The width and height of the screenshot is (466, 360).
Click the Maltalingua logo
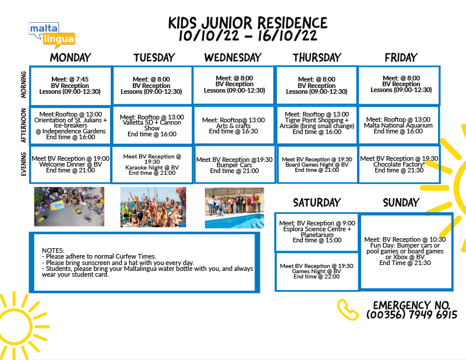point(52,35)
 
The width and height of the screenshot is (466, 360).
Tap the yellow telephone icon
point(347,309)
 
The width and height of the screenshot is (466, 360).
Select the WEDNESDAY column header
point(232,57)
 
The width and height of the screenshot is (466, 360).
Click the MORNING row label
point(23,84)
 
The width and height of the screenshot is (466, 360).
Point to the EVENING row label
point(23,164)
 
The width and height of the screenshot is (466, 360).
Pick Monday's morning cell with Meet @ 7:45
point(70,86)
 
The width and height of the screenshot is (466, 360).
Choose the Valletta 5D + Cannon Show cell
point(152,125)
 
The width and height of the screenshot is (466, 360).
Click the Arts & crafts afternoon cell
point(234,125)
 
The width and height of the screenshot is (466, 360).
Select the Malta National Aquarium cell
point(398,125)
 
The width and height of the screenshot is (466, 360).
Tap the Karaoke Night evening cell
point(152,164)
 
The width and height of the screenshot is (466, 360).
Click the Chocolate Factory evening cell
point(399,164)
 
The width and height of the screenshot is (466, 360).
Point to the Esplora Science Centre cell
point(317,232)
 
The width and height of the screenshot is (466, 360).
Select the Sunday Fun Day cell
point(406,251)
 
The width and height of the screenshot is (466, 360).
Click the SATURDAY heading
point(317,203)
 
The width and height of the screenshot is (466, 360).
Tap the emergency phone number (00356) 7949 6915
point(412,315)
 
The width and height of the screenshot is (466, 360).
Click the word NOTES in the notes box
point(53,250)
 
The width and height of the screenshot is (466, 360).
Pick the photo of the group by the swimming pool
point(235,208)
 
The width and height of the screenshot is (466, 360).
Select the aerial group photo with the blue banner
point(69,207)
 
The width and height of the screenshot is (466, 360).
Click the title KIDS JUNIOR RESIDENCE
point(248,23)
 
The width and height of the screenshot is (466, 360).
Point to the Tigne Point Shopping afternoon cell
point(317,125)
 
